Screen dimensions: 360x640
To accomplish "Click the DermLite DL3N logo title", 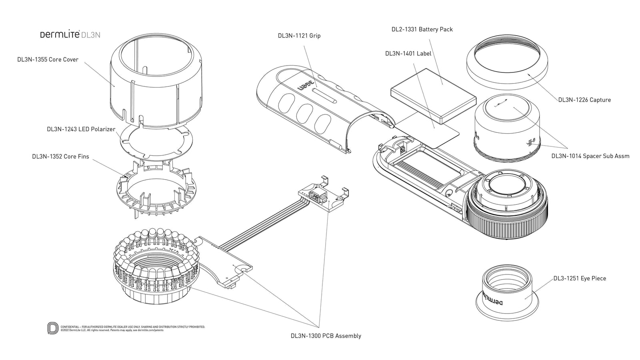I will click(70, 35).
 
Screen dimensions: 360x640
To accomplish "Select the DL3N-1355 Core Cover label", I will click(48, 60).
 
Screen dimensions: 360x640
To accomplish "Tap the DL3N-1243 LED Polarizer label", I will click(81, 129).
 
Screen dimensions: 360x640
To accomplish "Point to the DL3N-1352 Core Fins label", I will click(60, 156).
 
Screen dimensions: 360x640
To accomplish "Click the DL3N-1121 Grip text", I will click(299, 36).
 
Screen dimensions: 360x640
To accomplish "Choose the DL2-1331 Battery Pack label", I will click(422, 29).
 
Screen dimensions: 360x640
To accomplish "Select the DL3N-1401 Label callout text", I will click(408, 53).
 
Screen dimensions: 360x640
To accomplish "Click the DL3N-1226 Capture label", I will click(584, 100).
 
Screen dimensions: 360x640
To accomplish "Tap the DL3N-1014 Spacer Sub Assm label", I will click(590, 156).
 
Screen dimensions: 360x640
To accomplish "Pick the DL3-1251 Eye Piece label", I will click(579, 278).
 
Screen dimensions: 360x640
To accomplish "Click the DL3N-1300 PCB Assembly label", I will click(326, 336).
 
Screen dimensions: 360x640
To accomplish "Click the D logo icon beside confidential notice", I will click(52, 328).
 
